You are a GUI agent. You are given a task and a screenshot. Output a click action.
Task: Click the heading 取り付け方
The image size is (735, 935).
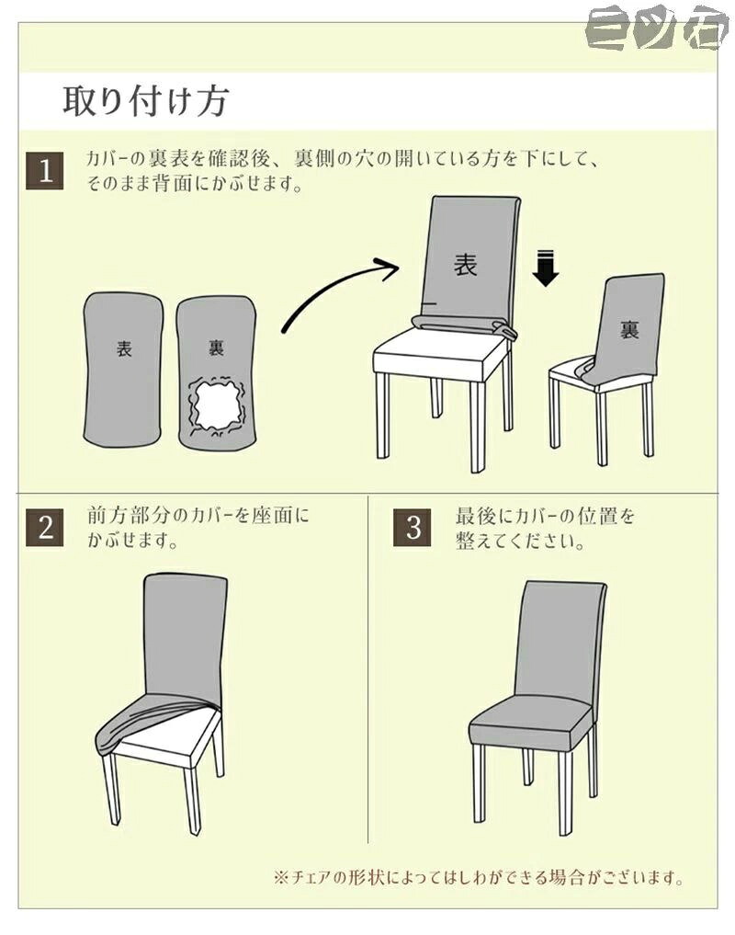[145, 101]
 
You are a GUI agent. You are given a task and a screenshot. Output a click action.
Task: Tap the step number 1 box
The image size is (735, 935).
[45, 171]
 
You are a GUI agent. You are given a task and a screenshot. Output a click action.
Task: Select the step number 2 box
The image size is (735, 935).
[45, 527]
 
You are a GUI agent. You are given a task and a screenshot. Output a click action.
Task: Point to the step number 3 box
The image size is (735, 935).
[413, 527]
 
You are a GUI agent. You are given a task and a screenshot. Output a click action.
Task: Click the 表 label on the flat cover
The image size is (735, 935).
[124, 348]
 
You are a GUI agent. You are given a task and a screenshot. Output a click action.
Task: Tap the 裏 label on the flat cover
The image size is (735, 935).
[216, 347]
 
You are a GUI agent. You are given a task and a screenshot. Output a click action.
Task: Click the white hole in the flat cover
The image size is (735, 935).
[216, 405]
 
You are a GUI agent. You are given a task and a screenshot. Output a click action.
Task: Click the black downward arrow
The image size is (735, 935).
[546, 269]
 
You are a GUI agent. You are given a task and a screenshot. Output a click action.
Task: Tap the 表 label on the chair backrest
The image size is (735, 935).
[466, 264]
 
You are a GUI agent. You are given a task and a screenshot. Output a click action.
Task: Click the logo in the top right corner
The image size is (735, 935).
[657, 28]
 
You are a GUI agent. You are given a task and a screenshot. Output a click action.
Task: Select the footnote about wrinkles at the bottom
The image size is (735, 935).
[478, 877]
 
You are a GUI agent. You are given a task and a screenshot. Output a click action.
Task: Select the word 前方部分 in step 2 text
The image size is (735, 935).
[124, 516]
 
